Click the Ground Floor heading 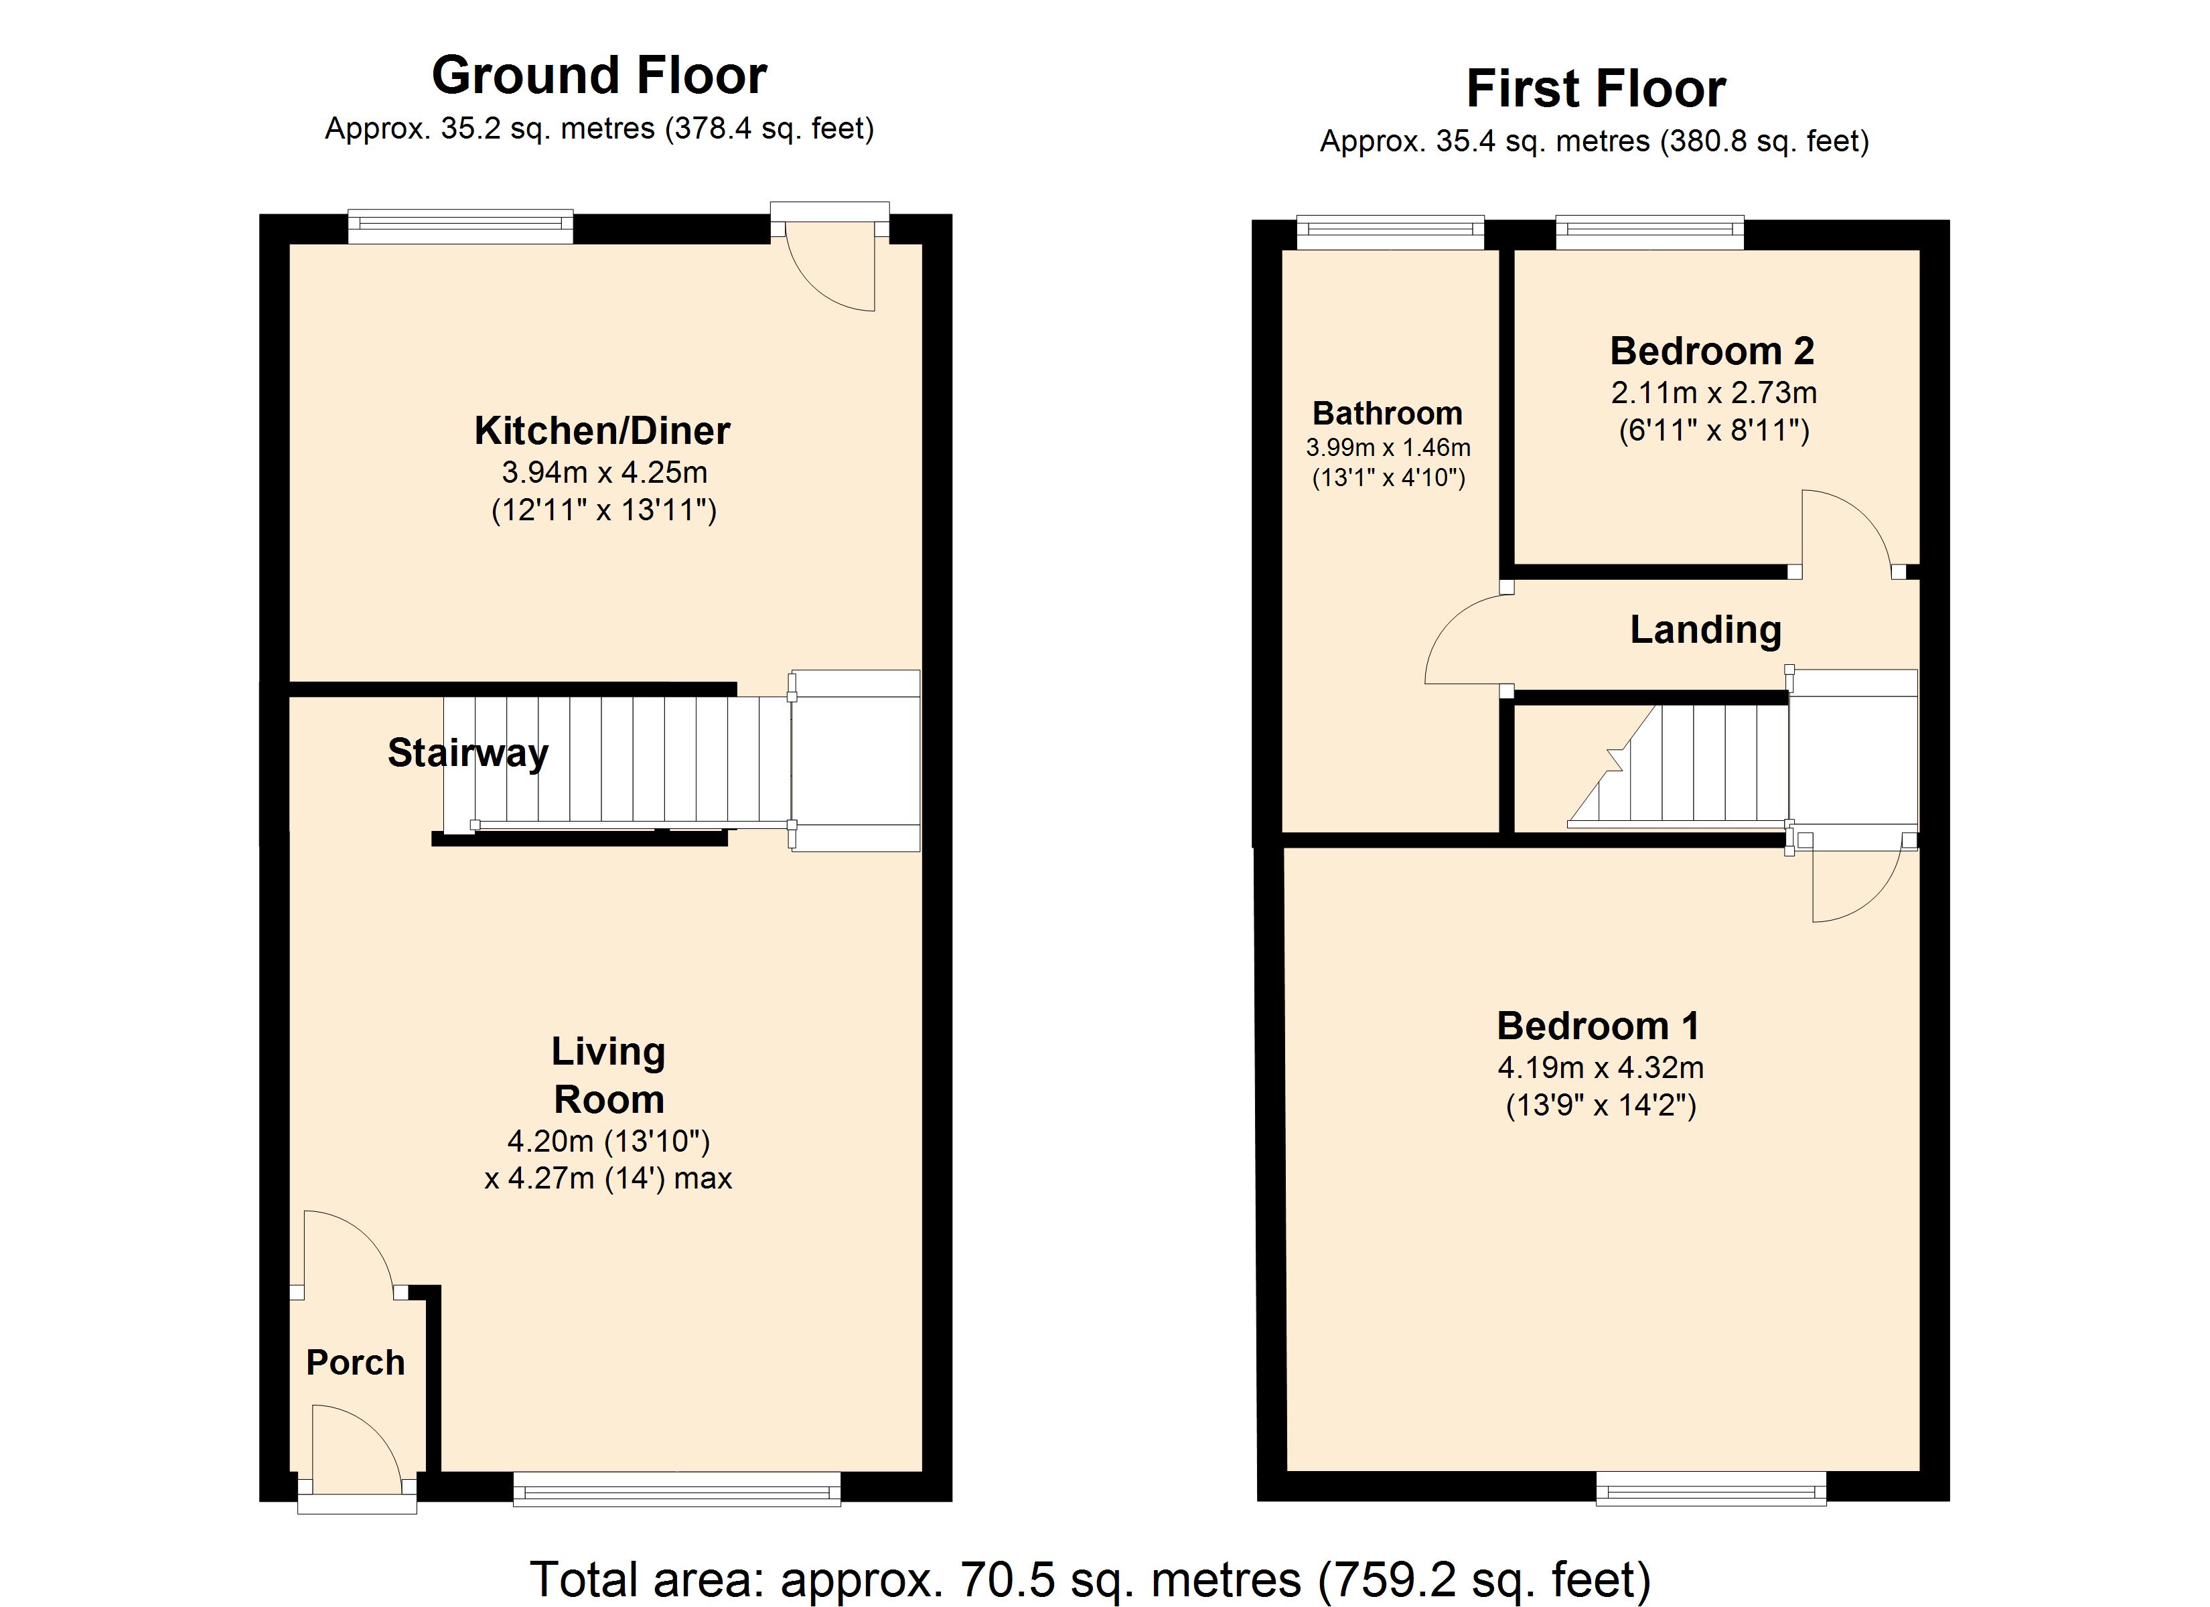[599, 75]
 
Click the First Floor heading [1596, 88]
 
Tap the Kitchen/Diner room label [602, 430]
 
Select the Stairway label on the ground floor [467, 753]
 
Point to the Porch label [356, 1363]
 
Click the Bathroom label [1388, 413]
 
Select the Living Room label [609, 1075]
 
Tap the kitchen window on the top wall [461, 227]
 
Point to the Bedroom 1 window [1711, 1488]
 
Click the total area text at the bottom [1090, 1580]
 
